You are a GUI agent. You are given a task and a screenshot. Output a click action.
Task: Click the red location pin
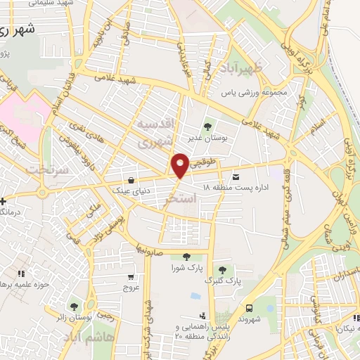pyautogui.click(x=180, y=165)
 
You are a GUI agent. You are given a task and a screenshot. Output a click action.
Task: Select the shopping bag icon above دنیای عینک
pyautogui.click(x=133, y=179)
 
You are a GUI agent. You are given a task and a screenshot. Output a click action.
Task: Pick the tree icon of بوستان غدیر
pyautogui.click(x=207, y=127)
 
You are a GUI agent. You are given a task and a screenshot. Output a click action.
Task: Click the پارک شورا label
pyautogui.click(x=186, y=268)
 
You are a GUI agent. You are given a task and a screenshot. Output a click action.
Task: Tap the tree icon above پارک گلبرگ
pyautogui.click(x=222, y=270)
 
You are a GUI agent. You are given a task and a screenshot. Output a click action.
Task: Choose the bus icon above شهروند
pyautogui.click(x=249, y=307)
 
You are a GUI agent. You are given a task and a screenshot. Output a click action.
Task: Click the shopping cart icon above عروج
pyautogui.click(x=132, y=276)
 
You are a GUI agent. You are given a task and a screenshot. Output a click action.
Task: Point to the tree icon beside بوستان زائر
pyautogui.click(x=74, y=306)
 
